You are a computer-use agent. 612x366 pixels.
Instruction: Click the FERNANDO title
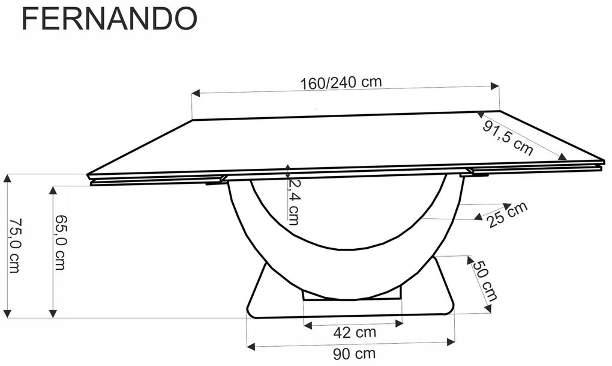pyautogui.click(x=109, y=19)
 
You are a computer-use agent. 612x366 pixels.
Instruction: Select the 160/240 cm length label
pyautogui.click(x=341, y=82)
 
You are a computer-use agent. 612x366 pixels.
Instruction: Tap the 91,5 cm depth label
pyautogui.click(x=508, y=138)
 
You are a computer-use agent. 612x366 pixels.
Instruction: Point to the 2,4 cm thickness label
pyautogui.click(x=293, y=201)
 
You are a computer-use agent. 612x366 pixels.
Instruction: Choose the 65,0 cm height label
pyautogui.click(x=60, y=242)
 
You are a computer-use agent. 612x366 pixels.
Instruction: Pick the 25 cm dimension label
pyautogui.click(x=507, y=215)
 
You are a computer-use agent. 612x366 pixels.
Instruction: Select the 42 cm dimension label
pyautogui.click(x=355, y=332)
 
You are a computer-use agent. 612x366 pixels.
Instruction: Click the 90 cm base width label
pyautogui.click(x=355, y=354)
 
